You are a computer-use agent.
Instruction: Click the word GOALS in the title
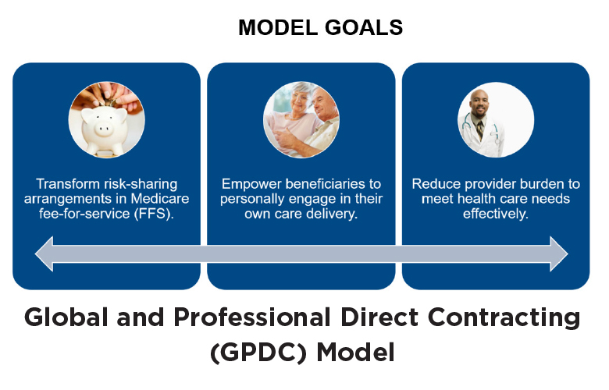[364, 27]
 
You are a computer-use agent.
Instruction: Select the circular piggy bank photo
[107, 119]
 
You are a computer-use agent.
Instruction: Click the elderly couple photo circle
[301, 119]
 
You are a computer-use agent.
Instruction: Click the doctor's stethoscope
[482, 130]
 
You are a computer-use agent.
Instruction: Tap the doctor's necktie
[480, 131]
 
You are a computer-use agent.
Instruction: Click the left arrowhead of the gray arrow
[44, 253]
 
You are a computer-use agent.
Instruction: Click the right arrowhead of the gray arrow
[559, 253]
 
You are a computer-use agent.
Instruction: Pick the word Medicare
[160, 199]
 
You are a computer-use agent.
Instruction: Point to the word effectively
[496, 214]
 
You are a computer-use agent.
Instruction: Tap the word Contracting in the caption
[504, 318]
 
